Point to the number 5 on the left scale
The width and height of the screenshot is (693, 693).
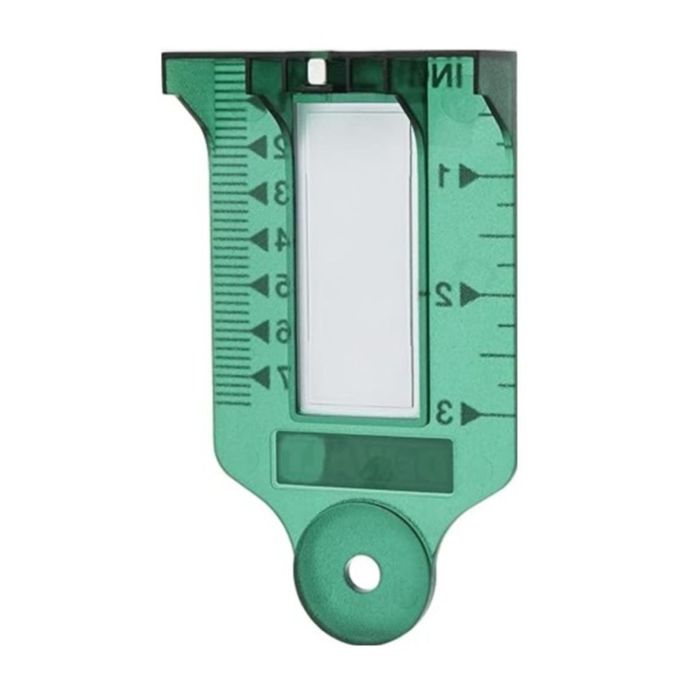click(x=281, y=285)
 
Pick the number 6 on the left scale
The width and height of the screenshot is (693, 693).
click(x=281, y=331)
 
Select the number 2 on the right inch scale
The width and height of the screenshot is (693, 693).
click(x=443, y=295)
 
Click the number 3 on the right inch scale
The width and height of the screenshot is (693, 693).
click(x=444, y=413)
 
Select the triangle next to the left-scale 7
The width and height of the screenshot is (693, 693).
click(x=263, y=375)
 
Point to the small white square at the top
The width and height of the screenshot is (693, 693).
click(x=316, y=73)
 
